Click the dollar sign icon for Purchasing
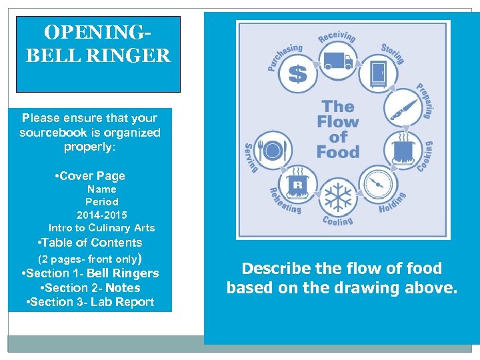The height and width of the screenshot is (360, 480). (297, 73)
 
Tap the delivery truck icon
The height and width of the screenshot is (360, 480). (338, 61)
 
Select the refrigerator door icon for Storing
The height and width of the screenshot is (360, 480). (378, 73)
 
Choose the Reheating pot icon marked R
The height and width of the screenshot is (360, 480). (297, 185)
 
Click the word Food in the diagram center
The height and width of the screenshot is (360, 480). (337, 151)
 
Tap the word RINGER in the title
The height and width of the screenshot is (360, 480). (139, 55)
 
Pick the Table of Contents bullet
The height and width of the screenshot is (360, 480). (91, 243)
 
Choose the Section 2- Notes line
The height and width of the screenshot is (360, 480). (91, 288)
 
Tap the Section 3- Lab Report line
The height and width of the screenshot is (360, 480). (91, 302)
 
